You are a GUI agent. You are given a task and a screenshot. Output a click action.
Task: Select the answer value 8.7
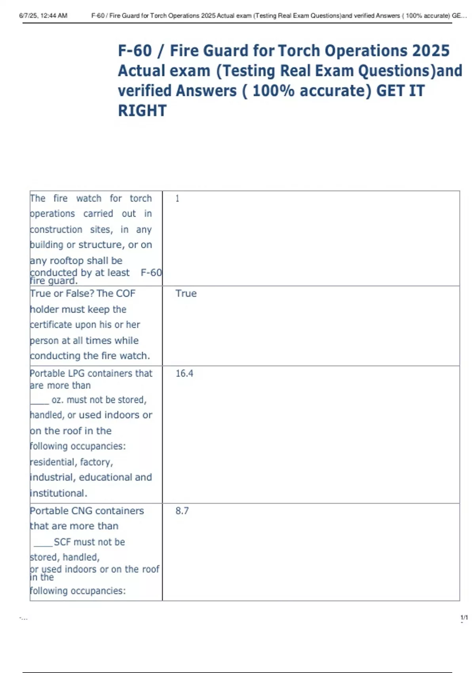coord(182,511)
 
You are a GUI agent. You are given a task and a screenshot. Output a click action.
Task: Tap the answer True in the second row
coord(186,293)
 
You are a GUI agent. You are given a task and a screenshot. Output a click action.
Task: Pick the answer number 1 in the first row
coord(177,198)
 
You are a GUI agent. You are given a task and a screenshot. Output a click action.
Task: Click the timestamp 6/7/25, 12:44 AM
coord(43,16)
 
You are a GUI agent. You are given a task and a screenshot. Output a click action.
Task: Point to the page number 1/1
coord(464,618)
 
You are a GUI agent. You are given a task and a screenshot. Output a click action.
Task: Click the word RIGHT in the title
coord(142,110)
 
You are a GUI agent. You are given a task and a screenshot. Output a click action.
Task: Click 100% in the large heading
coord(273,91)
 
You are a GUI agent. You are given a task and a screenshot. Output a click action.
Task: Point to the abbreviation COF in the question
coord(125,293)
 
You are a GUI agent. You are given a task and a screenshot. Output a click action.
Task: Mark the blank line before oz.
coord(39,401)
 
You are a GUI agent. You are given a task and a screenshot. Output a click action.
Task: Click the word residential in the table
coord(53,462)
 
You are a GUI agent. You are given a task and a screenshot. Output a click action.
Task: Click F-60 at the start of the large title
coord(135,51)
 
